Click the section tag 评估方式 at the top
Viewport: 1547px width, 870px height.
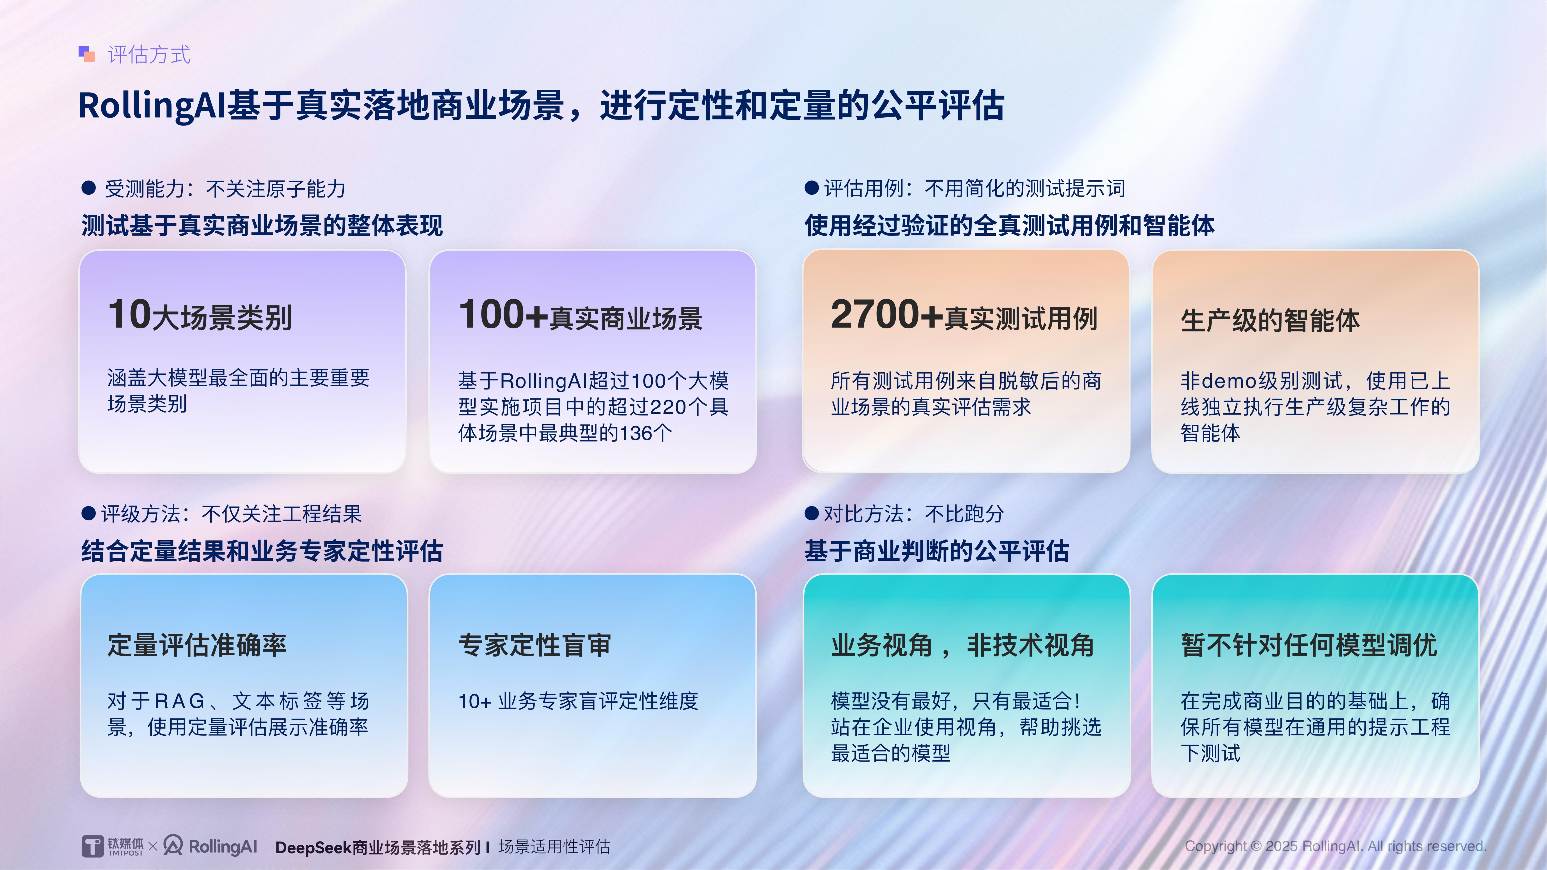pos(149,55)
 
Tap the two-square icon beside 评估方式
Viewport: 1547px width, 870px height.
pos(86,54)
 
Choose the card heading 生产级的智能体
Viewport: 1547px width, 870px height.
pos(1270,320)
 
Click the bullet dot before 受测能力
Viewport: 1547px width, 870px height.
pos(89,188)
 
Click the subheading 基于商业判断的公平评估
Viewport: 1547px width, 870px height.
pos(937,551)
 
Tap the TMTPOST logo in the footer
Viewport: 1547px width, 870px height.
pos(113,846)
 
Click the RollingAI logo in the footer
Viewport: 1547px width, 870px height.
pos(210,846)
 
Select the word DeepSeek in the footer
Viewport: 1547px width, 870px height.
pos(313,847)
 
